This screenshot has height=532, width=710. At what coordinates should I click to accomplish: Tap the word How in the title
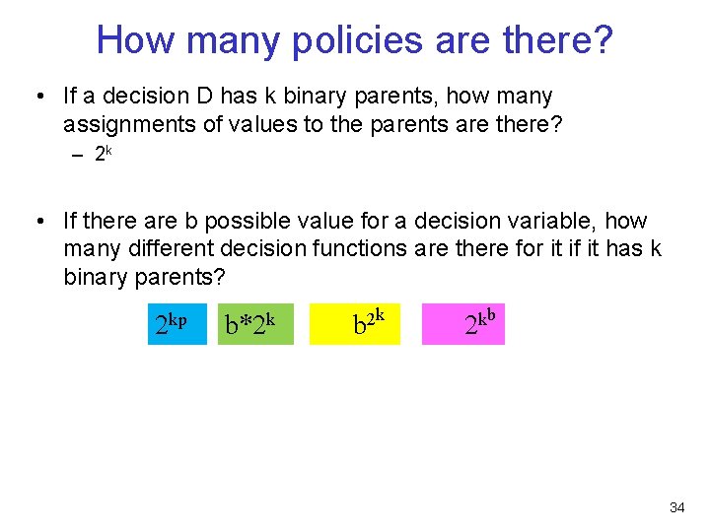[x=134, y=40]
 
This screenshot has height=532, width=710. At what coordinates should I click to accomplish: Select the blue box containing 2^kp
[x=177, y=323]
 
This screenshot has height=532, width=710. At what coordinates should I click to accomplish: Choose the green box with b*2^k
[x=255, y=323]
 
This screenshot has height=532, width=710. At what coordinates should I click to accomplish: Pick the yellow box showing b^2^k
[x=355, y=323]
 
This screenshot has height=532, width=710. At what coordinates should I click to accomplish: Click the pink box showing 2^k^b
[x=463, y=323]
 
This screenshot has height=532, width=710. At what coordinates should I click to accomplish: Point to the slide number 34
[x=676, y=507]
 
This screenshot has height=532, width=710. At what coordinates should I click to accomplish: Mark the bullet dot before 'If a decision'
[x=37, y=97]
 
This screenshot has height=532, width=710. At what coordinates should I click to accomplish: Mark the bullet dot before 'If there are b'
[x=37, y=222]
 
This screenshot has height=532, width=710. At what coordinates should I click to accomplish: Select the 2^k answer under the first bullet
[x=104, y=154]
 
